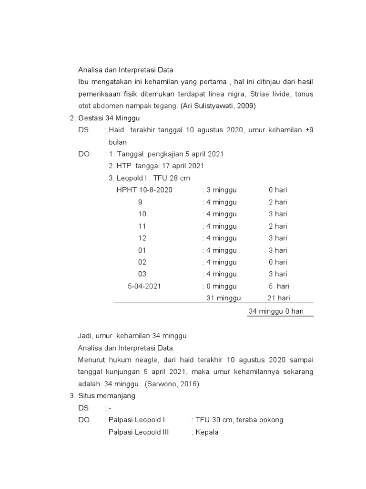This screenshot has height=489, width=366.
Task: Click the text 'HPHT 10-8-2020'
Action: [x=144, y=190]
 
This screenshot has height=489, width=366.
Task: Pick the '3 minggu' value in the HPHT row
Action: [x=221, y=190]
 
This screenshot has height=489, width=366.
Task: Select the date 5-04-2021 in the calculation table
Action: [x=144, y=286]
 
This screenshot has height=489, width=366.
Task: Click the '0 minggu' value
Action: [x=221, y=286]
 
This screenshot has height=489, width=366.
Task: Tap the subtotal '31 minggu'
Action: [x=224, y=298]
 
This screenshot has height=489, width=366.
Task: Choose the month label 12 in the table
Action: [x=142, y=238]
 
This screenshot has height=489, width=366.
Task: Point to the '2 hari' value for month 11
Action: [x=278, y=226]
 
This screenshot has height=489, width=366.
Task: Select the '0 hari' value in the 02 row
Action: [x=278, y=262]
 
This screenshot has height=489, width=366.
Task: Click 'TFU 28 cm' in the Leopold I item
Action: [x=168, y=178]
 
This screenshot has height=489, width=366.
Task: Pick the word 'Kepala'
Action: [x=207, y=432]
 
